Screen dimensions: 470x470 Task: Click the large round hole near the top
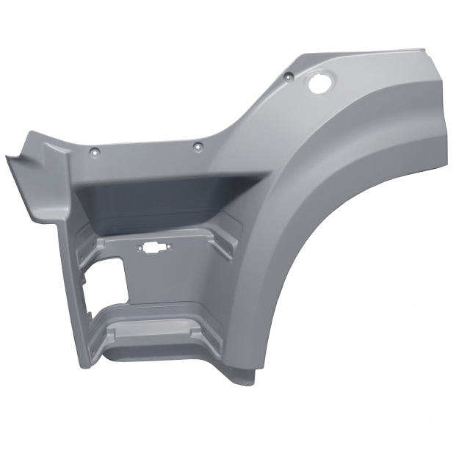coord(320,83)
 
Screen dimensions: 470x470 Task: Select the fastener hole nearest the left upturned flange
coord(93,152)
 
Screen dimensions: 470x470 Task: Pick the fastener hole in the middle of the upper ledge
coord(196,147)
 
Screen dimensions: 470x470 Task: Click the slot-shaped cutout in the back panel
coord(156,248)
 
